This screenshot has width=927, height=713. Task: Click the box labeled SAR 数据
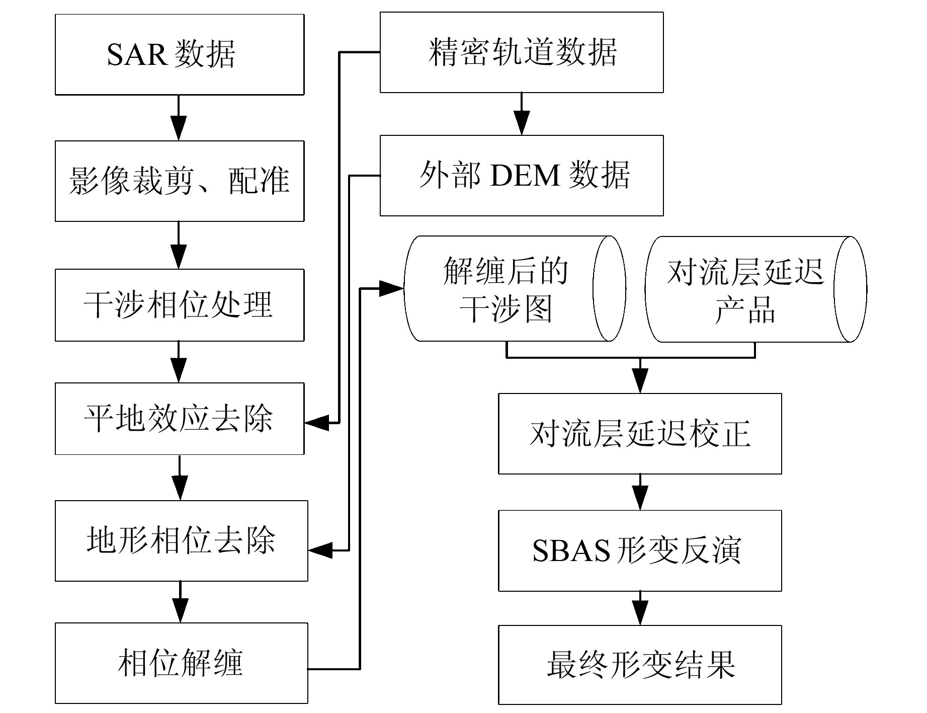(x=179, y=54)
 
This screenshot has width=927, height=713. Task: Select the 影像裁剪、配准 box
(x=179, y=181)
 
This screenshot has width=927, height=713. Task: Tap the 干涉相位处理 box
(x=179, y=305)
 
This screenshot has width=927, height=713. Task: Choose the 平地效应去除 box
(x=179, y=419)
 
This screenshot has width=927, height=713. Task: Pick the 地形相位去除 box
(x=181, y=541)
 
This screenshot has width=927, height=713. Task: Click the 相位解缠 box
(x=181, y=663)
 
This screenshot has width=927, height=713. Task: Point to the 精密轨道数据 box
(x=522, y=52)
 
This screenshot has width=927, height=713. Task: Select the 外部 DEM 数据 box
(x=522, y=176)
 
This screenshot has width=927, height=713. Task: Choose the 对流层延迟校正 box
(x=640, y=434)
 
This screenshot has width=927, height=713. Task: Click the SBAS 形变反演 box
(x=640, y=550)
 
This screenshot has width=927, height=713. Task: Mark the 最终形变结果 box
(x=640, y=665)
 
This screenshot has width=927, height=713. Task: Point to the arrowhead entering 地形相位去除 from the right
(x=320, y=550)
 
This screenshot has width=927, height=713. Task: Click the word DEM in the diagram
(x=525, y=176)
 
